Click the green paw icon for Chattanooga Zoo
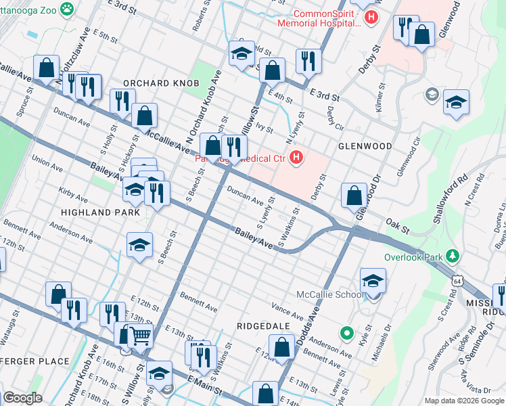pyautogui.click(x=67, y=9)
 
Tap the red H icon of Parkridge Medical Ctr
pyautogui.click(x=296, y=159)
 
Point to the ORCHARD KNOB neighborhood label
pyautogui.click(x=161, y=83)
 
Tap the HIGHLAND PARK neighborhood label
pyautogui.click(x=100, y=212)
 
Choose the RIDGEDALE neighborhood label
pyautogui.click(x=263, y=325)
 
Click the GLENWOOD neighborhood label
pyautogui.click(x=366, y=146)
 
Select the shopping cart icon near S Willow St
pyautogui.click(x=140, y=335)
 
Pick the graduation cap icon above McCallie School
pyautogui.click(x=373, y=280)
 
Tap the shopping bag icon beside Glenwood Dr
pyautogui.click(x=354, y=196)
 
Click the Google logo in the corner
pyautogui.click(x=22, y=398)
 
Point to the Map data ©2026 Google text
pyautogui.click(x=464, y=401)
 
